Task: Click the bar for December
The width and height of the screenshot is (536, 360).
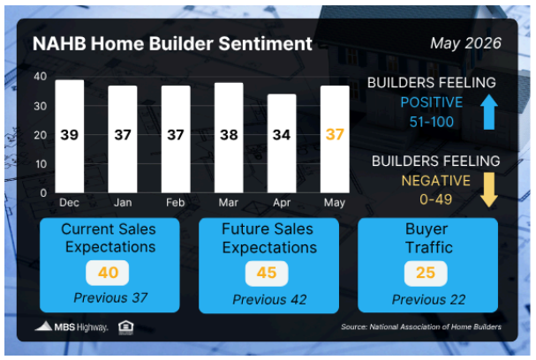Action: (70, 136)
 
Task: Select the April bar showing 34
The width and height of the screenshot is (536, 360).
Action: (282, 144)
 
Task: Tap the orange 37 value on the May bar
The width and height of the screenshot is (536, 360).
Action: (335, 134)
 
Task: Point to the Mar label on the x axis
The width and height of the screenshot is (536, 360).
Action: (229, 203)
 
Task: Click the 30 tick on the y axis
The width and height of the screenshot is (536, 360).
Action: (41, 106)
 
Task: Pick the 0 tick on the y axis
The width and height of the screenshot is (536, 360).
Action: (43, 193)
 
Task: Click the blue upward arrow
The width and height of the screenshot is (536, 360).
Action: (489, 112)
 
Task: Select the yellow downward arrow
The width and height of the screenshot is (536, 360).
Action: (489, 190)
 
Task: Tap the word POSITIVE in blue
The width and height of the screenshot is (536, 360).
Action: (432, 102)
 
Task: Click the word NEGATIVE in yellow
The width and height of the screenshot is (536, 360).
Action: (436, 181)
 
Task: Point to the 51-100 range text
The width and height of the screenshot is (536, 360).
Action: (432, 122)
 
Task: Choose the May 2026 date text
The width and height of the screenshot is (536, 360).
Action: (465, 43)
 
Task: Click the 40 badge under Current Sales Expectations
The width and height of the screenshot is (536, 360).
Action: (108, 273)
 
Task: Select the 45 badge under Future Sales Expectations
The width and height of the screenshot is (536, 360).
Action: (267, 274)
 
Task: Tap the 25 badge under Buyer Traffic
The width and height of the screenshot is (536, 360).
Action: (426, 274)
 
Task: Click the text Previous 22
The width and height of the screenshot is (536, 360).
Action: (428, 299)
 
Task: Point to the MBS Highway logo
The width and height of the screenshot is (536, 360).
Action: (72, 326)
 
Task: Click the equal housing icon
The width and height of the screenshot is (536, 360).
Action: (125, 327)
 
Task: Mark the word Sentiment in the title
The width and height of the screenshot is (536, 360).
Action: (265, 44)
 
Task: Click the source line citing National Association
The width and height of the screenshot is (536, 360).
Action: (421, 326)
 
